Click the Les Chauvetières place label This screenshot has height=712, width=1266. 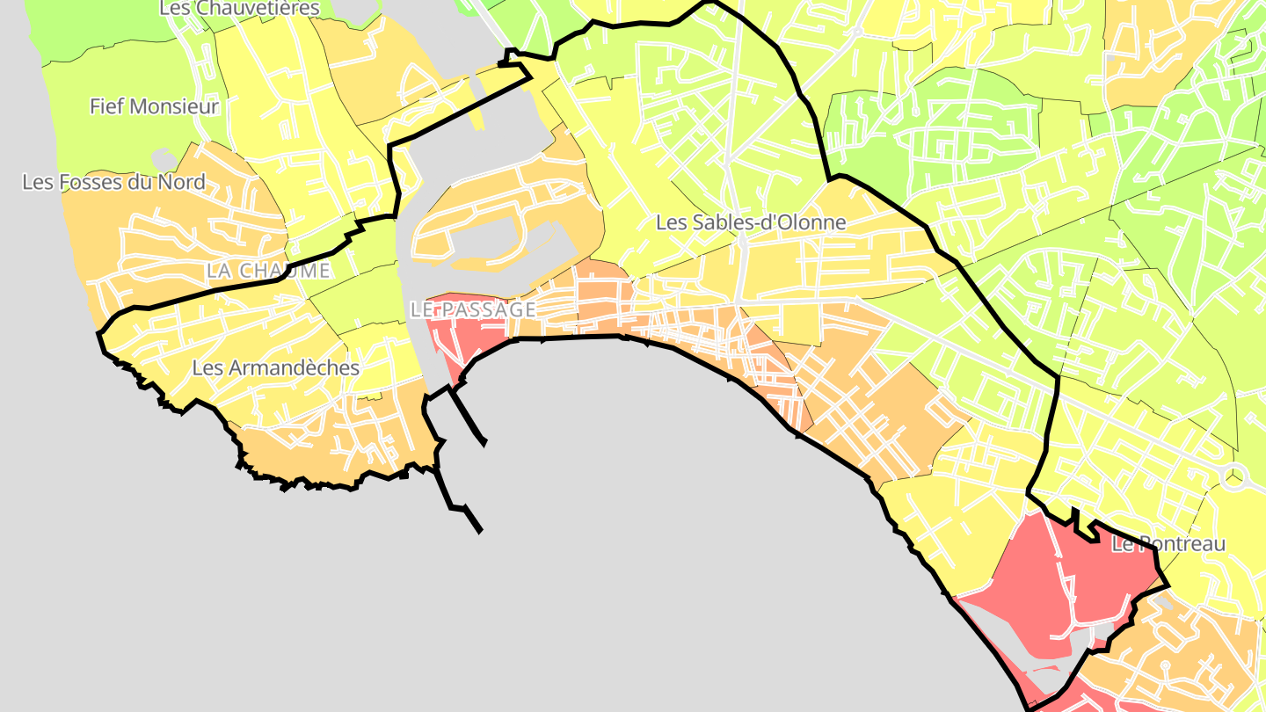click(239, 8)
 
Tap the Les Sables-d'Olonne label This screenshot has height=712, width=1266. click(751, 222)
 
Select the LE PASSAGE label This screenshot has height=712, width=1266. click(472, 309)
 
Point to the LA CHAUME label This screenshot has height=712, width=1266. click(268, 271)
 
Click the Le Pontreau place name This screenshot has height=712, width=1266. click(1168, 544)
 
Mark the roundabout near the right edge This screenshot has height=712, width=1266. click(1235, 477)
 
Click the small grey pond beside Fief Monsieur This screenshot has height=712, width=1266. click(164, 159)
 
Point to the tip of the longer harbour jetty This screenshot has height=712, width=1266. click(480, 531)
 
